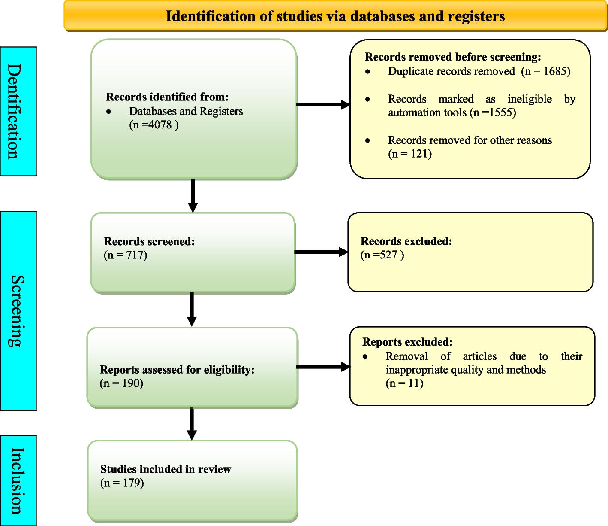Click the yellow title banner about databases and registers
pos(335,16)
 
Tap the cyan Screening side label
pos(18,311)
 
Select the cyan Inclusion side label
pos(18,480)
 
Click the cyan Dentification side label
pos(18,111)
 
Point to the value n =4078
pos(154,125)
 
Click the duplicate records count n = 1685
pos(546,71)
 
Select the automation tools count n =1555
pos(493,112)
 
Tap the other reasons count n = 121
pos(410,154)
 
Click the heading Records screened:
pos(149,241)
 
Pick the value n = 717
pos(126,255)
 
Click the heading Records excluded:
pos(406,241)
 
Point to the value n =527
pos(382,255)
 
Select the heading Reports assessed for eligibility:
pos(177,370)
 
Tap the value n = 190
pos(121,383)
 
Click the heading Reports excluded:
pos(407,342)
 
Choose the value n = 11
pos(404,383)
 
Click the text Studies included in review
pos(166,469)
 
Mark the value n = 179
pos(122,483)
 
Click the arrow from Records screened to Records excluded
pos(321,252)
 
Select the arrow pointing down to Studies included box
pos(192,423)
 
